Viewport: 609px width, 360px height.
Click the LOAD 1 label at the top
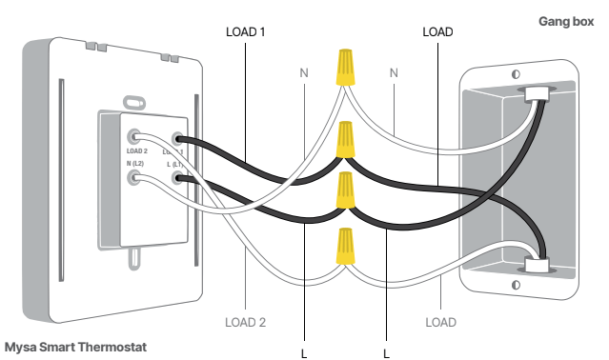coord(245,31)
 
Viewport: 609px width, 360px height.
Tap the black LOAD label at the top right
coord(436,31)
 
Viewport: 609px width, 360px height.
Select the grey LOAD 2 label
coord(245,322)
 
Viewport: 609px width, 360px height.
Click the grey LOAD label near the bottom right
coord(440,322)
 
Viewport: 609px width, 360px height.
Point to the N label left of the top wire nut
coord(304,73)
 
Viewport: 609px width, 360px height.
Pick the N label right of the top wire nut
coord(392,73)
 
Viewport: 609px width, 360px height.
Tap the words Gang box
coord(565,20)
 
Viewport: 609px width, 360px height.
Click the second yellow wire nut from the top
coord(347,142)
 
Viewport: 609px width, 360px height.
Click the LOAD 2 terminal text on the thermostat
coord(136,150)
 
